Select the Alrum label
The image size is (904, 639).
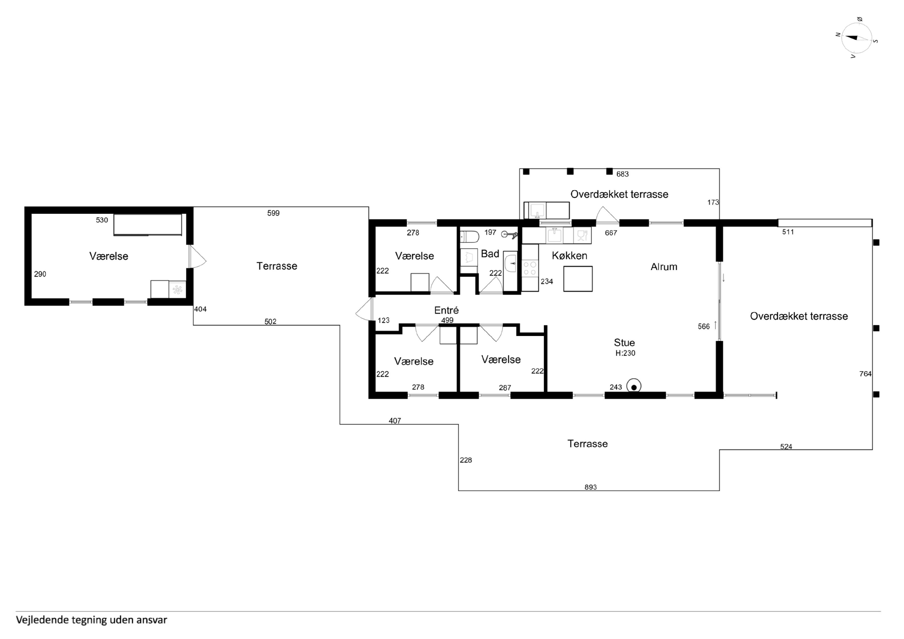(664, 267)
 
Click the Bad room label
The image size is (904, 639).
(490, 254)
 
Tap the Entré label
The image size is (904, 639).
(447, 310)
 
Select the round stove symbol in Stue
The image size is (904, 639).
(634, 386)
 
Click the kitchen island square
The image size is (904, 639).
(578, 279)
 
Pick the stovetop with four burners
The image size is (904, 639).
(530, 268)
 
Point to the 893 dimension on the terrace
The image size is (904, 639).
(591, 487)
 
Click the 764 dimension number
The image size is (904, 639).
(865, 374)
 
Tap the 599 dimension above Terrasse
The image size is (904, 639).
(273, 213)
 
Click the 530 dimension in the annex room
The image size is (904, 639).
(102, 220)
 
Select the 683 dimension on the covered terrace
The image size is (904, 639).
(622, 174)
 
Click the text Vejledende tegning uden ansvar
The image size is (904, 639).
(91, 620)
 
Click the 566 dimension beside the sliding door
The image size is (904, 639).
(704, 326)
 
